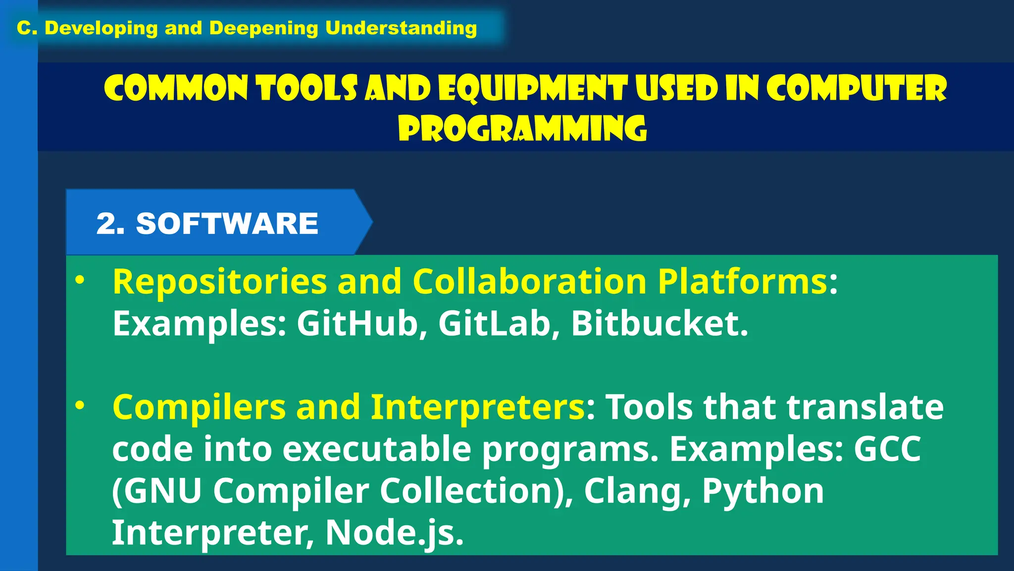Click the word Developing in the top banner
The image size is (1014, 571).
[101, 28]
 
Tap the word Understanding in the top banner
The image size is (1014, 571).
[401, 28]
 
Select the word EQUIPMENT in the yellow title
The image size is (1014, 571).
[533, 89]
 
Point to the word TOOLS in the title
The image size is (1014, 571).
[306, 89]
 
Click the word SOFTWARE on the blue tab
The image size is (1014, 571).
[227, 224]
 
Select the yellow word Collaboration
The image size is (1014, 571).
[529, 282]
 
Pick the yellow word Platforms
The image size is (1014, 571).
[742, 282]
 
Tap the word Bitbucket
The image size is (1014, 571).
[659, 324]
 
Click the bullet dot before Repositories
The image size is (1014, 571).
[80, 281]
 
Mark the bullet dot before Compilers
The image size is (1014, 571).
[80, 406]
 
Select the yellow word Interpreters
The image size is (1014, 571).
[478, 407]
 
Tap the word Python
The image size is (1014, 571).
[763, 491]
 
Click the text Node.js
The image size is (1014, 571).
[394, 533]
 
